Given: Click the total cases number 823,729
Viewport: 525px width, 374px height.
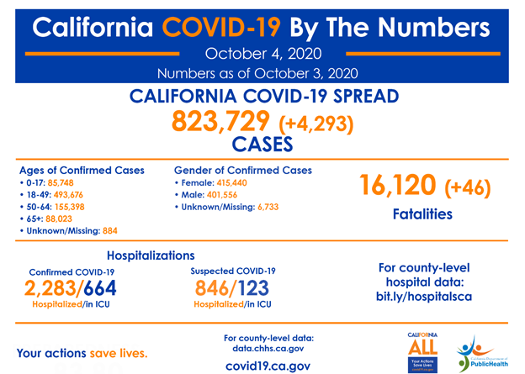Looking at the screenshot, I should (x=220, y=122).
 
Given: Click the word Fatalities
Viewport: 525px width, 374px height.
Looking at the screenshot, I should (x=422, y=214).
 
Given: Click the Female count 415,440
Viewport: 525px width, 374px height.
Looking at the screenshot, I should (x=236, y=182).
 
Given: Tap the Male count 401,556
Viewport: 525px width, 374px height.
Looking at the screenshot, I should (x=227, y=194).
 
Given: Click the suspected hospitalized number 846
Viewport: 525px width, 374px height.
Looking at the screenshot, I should (x=212, y=287).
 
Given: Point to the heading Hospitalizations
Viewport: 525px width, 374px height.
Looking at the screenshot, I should (x=151, y=255).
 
